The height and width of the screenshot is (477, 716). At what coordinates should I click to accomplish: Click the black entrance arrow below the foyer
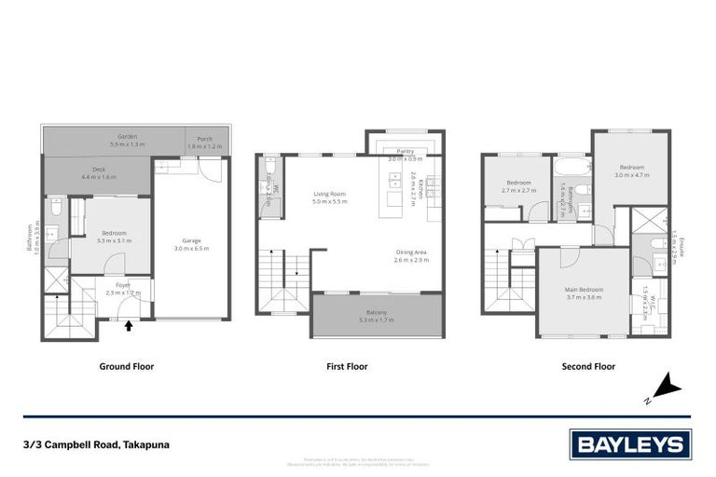pyautogui.click(x=129, y=325)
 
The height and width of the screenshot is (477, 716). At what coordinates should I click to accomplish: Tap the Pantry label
pyautogui.click(x=406, y=150)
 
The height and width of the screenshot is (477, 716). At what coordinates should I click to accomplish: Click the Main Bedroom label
pyautogui.click(x=584, y=289)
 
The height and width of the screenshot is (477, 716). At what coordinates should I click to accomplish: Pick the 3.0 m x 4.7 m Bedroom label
pyautogui.click(x=630, y=169)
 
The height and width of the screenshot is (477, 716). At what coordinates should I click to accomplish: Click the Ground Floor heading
pyautogui.click(x=127, y=367)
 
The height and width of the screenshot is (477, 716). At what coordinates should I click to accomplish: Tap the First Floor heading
pyautogui.click(x=347, y=367)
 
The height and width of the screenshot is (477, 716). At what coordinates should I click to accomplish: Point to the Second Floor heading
pyautogui.click(x=588, y=367)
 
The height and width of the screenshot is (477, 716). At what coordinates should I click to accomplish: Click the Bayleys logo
pyautogui.click(x=629, y=444)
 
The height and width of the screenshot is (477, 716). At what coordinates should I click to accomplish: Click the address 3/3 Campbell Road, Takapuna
pyautogui.click(x=96, y=444)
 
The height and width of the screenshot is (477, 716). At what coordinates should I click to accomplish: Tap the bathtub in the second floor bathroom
pyautogui.click(x=569, y=169)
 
